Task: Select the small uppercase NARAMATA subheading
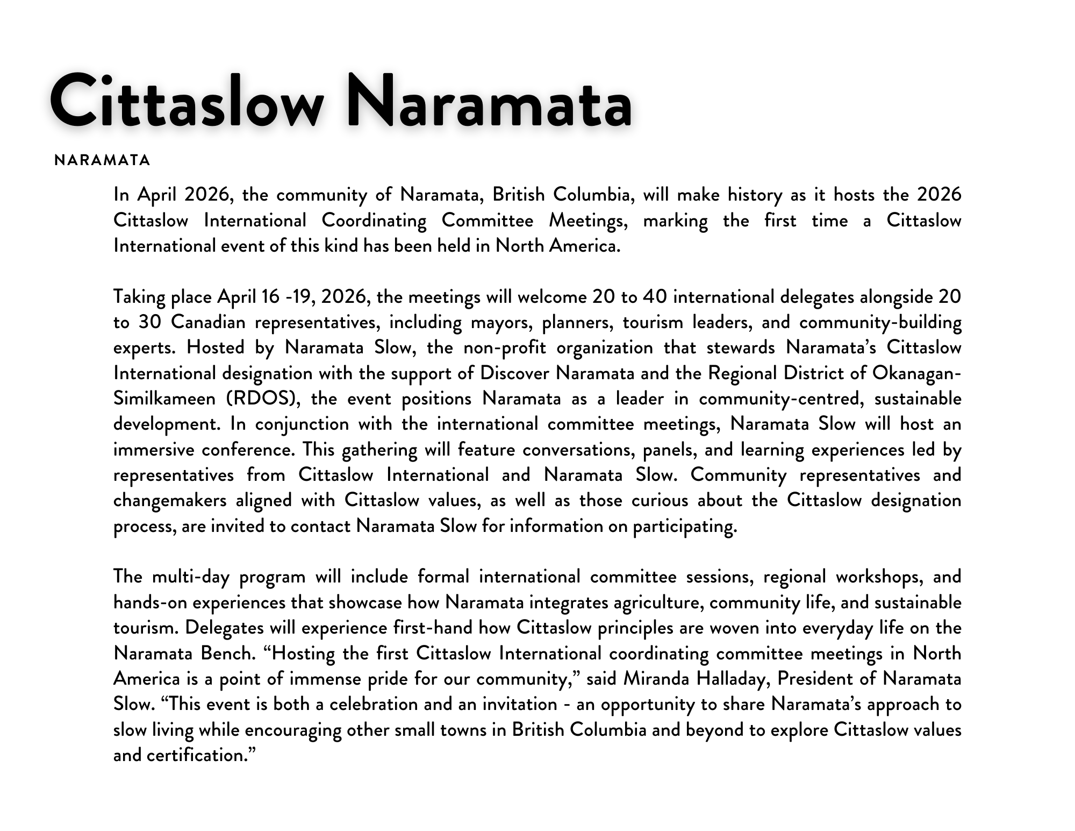(102, 160)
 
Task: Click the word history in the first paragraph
(755, 195)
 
